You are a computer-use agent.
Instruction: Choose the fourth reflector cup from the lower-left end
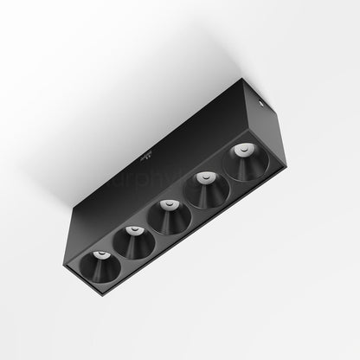coord(209,191)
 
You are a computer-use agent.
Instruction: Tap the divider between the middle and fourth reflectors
coord(191,205)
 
